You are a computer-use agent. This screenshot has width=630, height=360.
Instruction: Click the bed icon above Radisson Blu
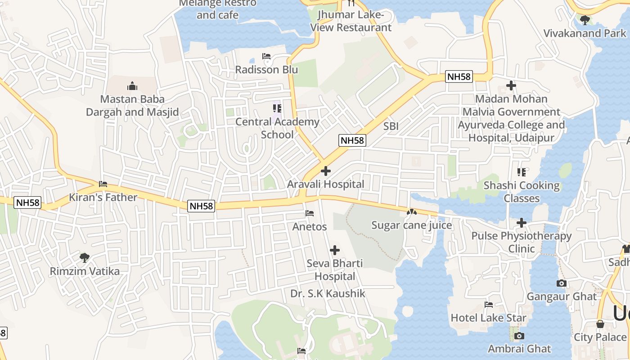(x=266, y=56)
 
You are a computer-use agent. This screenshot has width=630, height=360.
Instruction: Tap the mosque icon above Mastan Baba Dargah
(x=132, y=85)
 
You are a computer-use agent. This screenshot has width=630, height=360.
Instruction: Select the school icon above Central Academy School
(x=277, y=108)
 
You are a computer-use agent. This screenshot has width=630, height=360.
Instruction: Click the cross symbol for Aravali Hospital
(x=325, y=171)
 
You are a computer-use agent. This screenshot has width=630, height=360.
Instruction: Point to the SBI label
(x=391, y=126)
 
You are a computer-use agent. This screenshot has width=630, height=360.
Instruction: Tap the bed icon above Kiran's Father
(x=103, y=184)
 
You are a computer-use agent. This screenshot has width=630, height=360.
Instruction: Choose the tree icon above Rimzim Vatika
(x=84, y=258)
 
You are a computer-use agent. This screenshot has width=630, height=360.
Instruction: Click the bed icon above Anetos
(x=310, y=213)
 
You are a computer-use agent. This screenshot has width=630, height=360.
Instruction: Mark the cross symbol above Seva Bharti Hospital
(x=335, y=250)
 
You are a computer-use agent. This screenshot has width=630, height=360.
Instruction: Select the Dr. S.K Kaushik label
(x=328, y=294)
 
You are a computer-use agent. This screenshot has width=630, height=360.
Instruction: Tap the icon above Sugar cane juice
(x=411, y=211)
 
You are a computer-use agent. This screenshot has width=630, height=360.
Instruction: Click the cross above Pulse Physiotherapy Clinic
(x=521, y=222)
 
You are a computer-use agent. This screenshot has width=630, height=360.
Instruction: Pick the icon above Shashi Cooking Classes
(x=522, y=172)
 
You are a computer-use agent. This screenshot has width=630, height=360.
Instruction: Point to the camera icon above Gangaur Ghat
(x=561, y=283)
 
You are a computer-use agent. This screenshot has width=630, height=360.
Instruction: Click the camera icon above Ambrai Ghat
(x=519, y=336)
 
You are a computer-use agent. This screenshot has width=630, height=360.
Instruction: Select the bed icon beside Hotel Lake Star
(x=489, y=305)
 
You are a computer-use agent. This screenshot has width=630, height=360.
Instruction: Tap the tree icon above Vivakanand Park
(x=585, y=20)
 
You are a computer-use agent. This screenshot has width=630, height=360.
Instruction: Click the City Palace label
(x=600, y=337)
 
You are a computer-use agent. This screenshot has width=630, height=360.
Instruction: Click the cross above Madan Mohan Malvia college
(x=511, y=85)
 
